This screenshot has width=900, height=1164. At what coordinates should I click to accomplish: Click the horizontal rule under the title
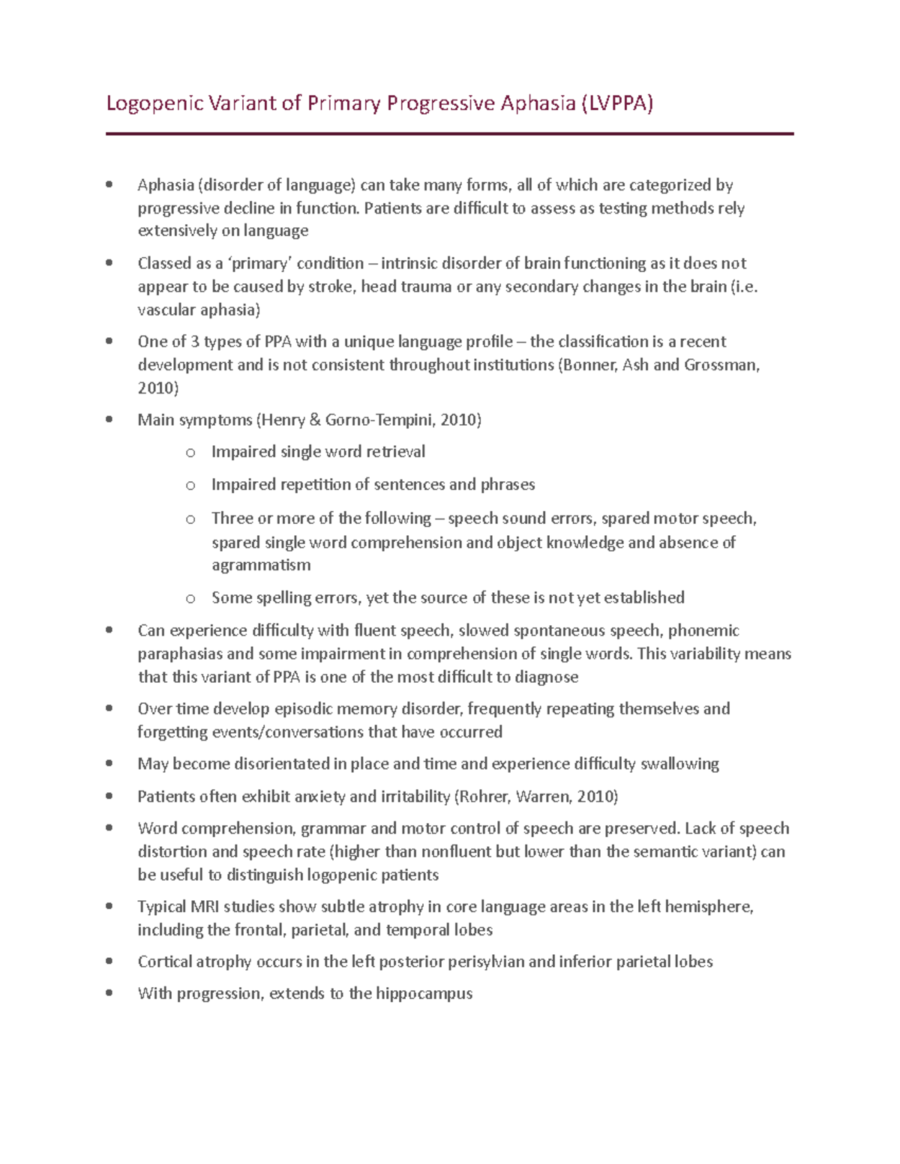[449, 134]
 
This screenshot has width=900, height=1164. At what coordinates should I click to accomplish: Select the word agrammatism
[261, 565]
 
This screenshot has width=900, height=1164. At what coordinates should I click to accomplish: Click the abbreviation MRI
[205, 907]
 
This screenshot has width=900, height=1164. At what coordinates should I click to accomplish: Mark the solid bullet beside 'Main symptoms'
[109, 420]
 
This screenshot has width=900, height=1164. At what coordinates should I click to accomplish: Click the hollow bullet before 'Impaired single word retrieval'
[190, 452]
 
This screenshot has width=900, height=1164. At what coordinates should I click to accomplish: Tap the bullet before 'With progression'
[109, 993]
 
